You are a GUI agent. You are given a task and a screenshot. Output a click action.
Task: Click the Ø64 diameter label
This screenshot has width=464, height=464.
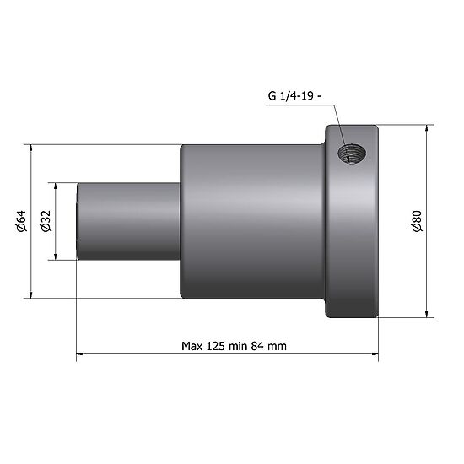(x=23, y=221)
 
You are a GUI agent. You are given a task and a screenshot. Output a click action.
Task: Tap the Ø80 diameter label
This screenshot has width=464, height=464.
(x=416, y=221)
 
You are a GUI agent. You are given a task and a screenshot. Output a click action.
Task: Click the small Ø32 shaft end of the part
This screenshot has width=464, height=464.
(x=127, y=221)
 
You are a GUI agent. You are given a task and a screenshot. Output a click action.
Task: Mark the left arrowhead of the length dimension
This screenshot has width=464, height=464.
(x=81, y=356)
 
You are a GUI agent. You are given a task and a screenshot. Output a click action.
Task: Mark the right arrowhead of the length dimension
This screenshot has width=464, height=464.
(x=374, y=356)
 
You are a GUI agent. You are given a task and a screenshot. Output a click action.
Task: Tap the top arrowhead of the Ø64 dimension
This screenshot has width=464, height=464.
(x=32, y=148)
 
